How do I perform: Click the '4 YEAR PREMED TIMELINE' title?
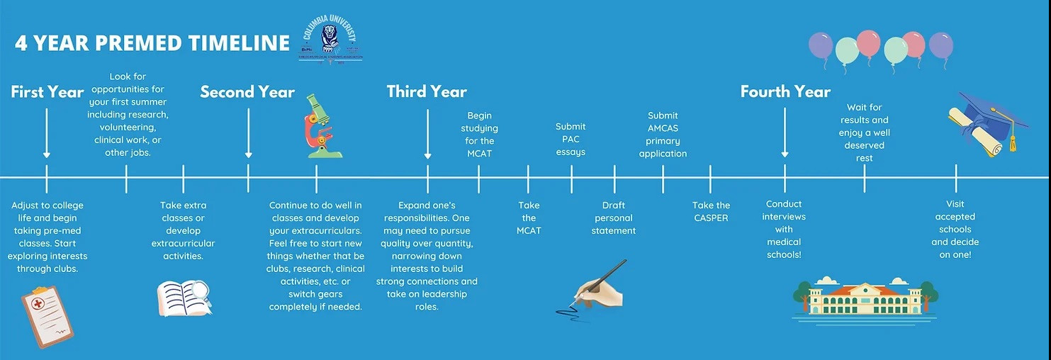152,43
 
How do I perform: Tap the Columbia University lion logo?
330,40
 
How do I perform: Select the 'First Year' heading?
47,92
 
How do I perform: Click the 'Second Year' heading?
247,92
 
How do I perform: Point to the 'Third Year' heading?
427,92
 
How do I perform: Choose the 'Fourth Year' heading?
785,92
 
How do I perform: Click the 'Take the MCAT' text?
529,218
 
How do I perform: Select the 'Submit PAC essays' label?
571,140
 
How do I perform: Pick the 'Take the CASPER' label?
711,212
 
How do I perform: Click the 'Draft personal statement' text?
614,218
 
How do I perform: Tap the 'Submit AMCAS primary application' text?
663,135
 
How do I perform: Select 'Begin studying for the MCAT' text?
480,135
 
